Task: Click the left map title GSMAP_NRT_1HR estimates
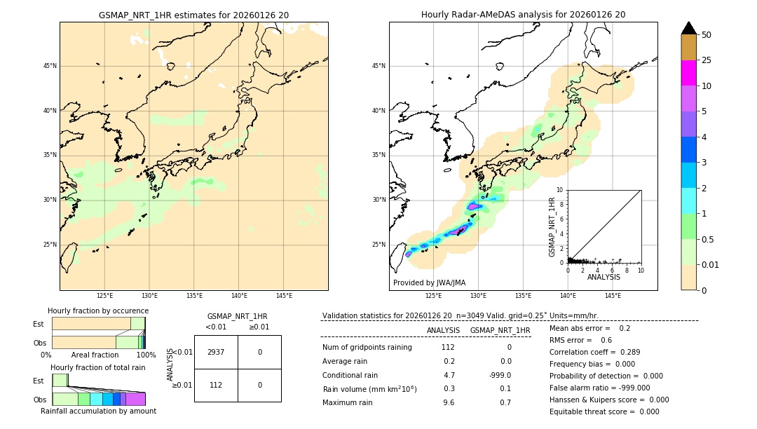[193, 15]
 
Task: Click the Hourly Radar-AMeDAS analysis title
[523, 15]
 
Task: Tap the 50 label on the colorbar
[707, 35]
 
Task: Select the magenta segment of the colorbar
[688, 73]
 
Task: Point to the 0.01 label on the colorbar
[711, 264]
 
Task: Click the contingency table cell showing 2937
[216, 352]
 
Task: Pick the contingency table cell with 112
[216, 385]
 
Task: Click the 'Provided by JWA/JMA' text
[429, 282]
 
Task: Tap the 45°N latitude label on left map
[50, 66]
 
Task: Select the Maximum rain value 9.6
[449, 402]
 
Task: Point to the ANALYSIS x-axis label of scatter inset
[603, 277]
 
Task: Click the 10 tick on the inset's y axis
[560, 190]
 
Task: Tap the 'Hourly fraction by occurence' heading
[98, 311]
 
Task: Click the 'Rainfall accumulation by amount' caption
[98, 411]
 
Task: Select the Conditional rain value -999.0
[499, 375]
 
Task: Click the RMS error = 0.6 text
[580, 340]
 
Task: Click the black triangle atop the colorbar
[688, 28]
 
